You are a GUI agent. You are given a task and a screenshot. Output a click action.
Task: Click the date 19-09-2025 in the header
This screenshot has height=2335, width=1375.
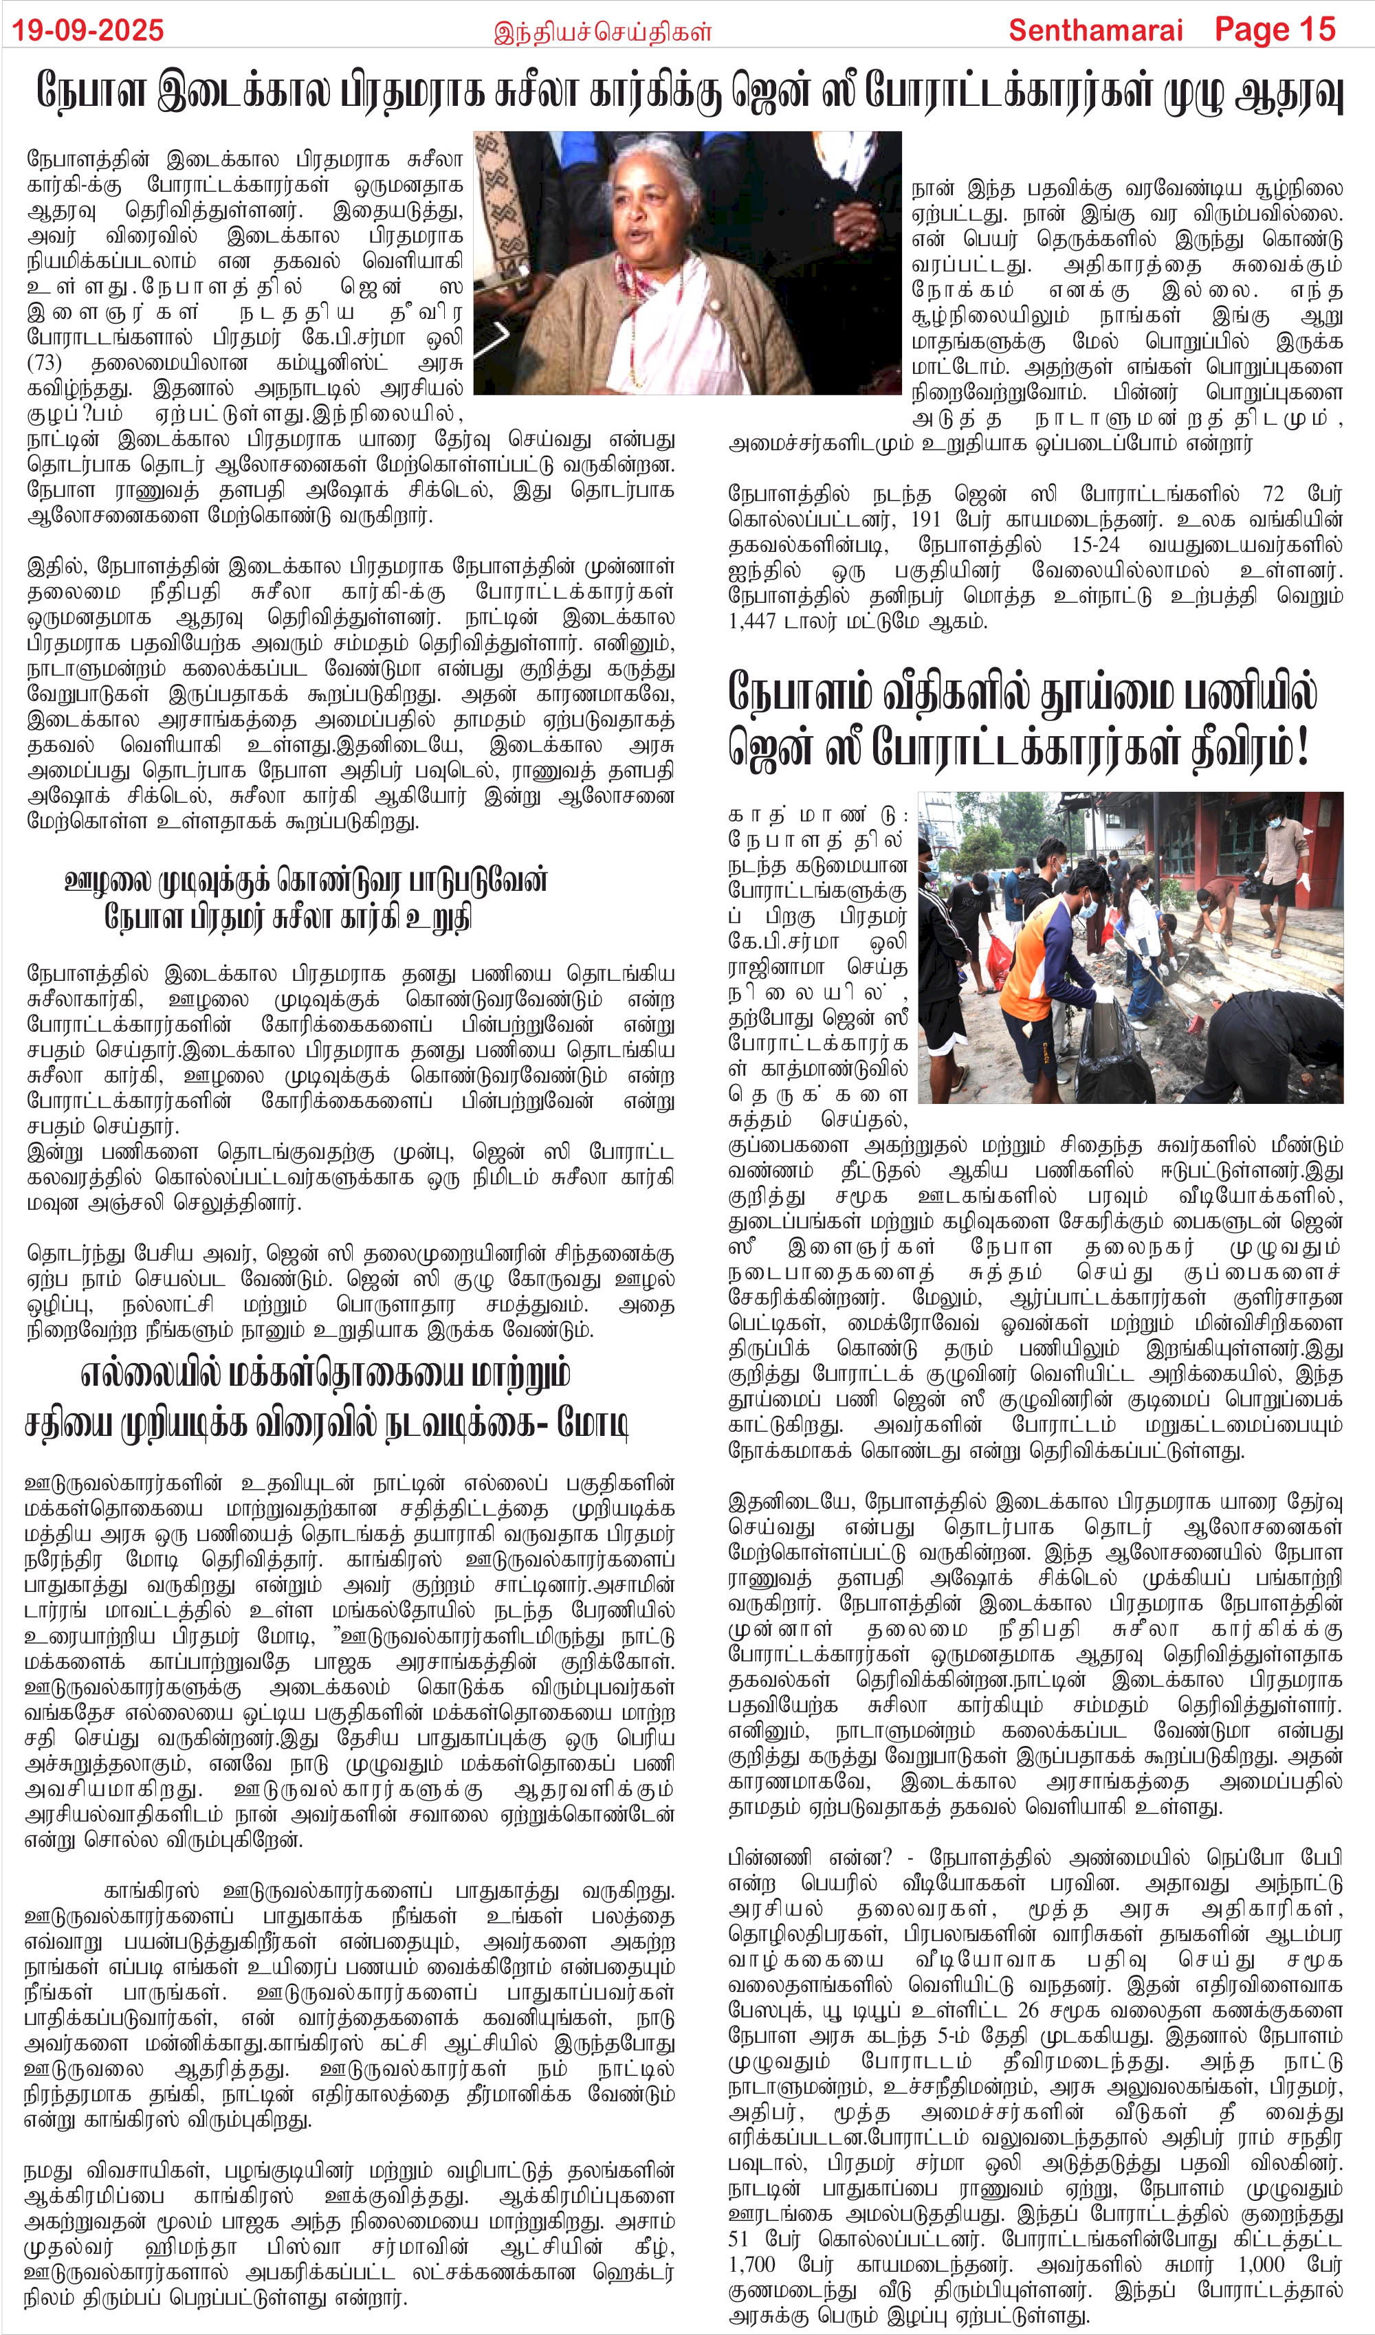coord(88,30)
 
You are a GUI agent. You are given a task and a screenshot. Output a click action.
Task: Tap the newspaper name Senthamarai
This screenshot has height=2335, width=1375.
coord(1095,30)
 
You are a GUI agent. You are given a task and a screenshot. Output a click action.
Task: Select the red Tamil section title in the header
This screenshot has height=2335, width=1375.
coord(602,32)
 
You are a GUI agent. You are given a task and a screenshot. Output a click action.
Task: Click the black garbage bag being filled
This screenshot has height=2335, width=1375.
coord(1116,1047)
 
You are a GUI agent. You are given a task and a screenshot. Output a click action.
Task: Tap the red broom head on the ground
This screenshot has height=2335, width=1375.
coord(1196,1024)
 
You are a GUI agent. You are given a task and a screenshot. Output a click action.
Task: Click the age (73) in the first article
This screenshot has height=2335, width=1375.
coord(45,362)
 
